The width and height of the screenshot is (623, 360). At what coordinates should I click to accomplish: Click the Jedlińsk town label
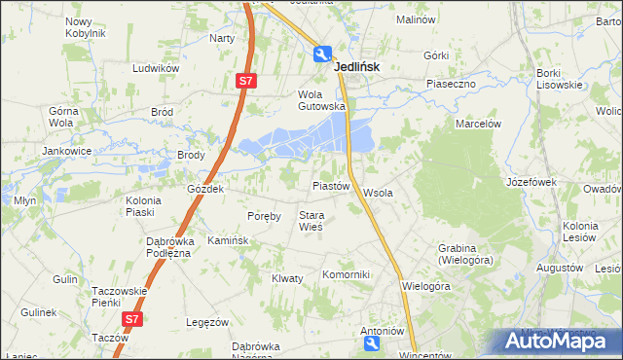(x=356, y=67)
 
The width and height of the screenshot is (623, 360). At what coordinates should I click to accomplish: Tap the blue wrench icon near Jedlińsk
(x=322, y=54)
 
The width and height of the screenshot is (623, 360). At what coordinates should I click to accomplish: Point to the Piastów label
(x=330, y=185)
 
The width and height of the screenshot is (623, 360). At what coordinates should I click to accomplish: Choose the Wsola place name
(x=378, y=193)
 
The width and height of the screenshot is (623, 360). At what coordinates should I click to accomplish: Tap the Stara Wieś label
(x=311, y=221)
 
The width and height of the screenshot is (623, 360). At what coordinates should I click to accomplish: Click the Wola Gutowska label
(x=321, y=100)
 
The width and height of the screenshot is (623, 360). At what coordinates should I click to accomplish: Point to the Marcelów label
(x=478, y=124)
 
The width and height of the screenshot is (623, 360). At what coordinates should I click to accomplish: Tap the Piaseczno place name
(x=450, y=84)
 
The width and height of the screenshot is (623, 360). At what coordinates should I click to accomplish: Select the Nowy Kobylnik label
(x=85, y=26)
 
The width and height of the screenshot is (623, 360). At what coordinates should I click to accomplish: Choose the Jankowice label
(x=65, y=151)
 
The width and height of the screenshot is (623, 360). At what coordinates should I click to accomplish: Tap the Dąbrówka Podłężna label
(x=168, y=247)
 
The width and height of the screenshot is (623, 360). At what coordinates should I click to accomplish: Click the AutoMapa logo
(x=559, y=341)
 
